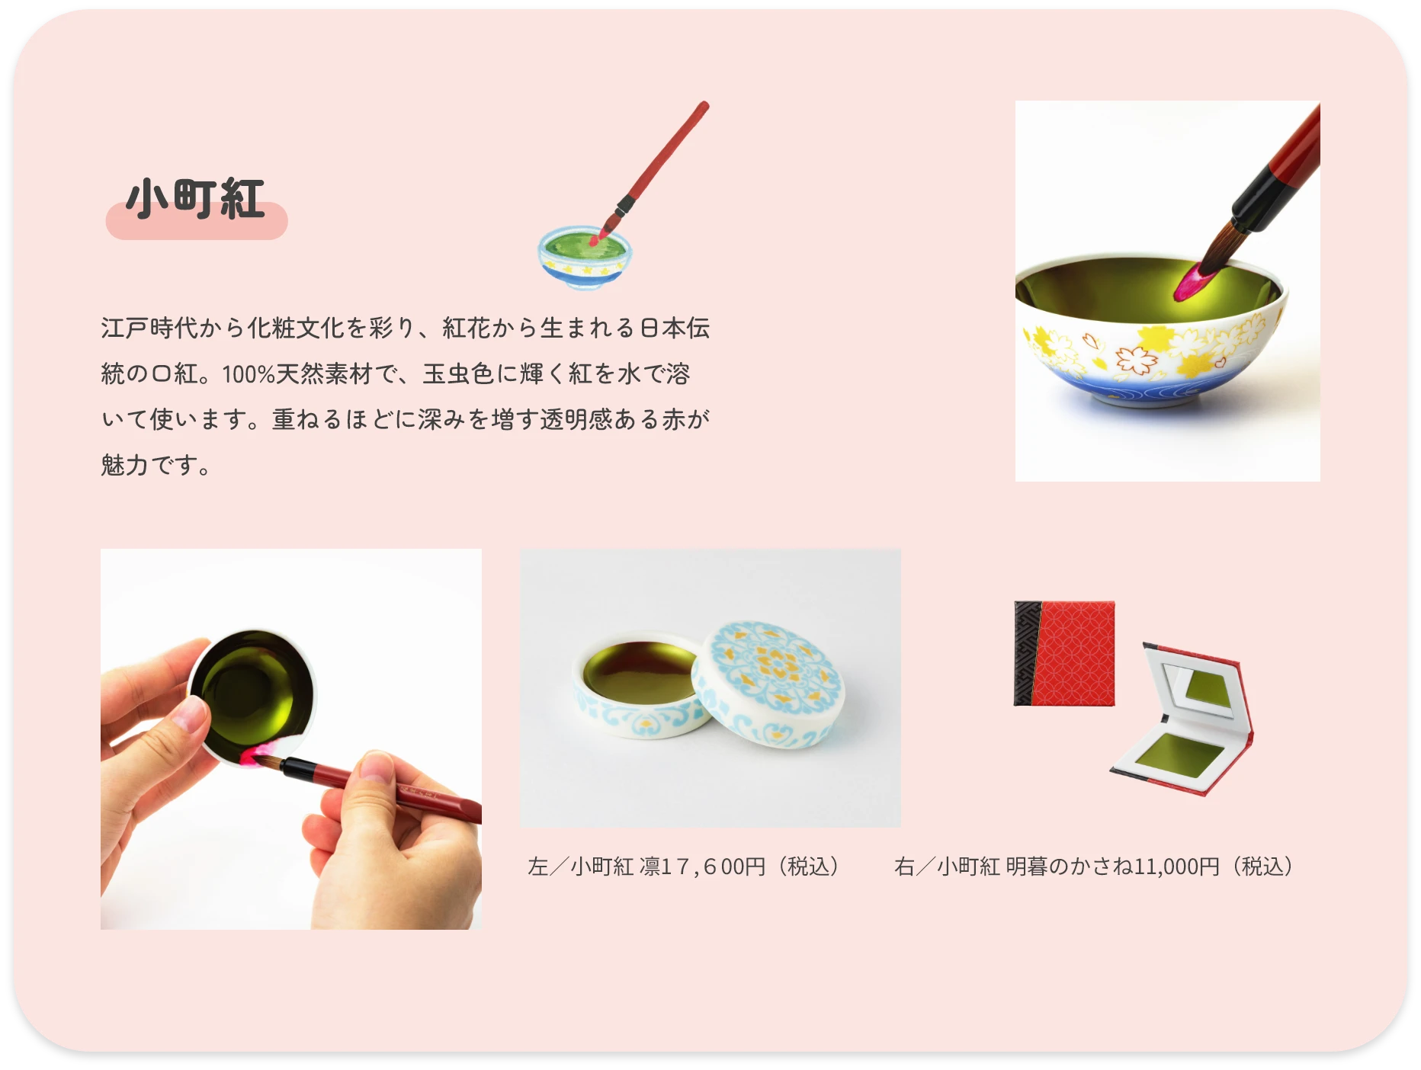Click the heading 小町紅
tap(196, 200)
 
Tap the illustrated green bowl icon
tap(585, 258)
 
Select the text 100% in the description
tap(249, 374)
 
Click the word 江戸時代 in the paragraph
tap(149, 328)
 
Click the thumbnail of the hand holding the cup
tap(291, 739)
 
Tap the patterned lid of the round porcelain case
tap(768, 683)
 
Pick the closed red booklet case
tap(1064, 653)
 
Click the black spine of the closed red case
tap(1027, 653)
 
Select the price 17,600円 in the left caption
tap(714, 867)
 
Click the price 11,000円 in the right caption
tap(1176, 867)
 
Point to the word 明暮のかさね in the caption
tap(1070, 867)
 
